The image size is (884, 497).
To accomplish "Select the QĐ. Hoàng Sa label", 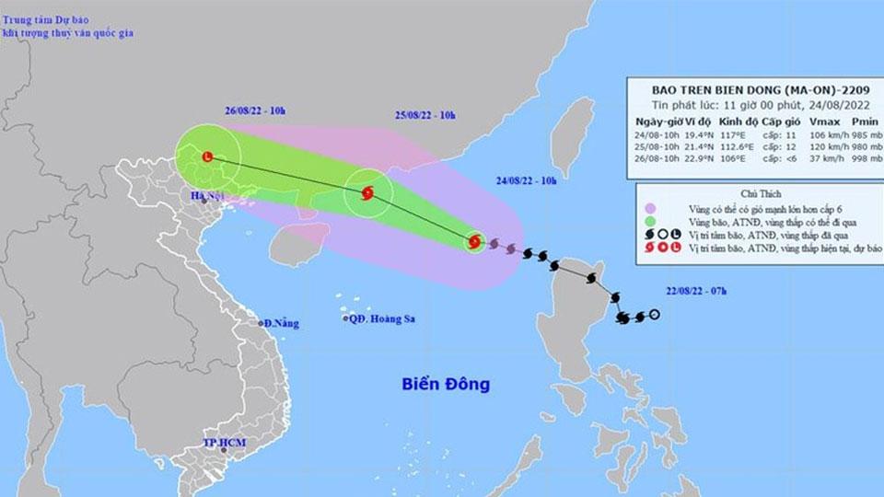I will [379, 319].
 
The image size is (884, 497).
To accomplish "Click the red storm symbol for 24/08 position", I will [474, 243].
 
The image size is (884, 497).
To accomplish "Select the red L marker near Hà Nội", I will [207, 156].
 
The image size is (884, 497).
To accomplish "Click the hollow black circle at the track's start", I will [654, 316].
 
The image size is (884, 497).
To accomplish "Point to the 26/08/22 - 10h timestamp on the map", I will [255, 111].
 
